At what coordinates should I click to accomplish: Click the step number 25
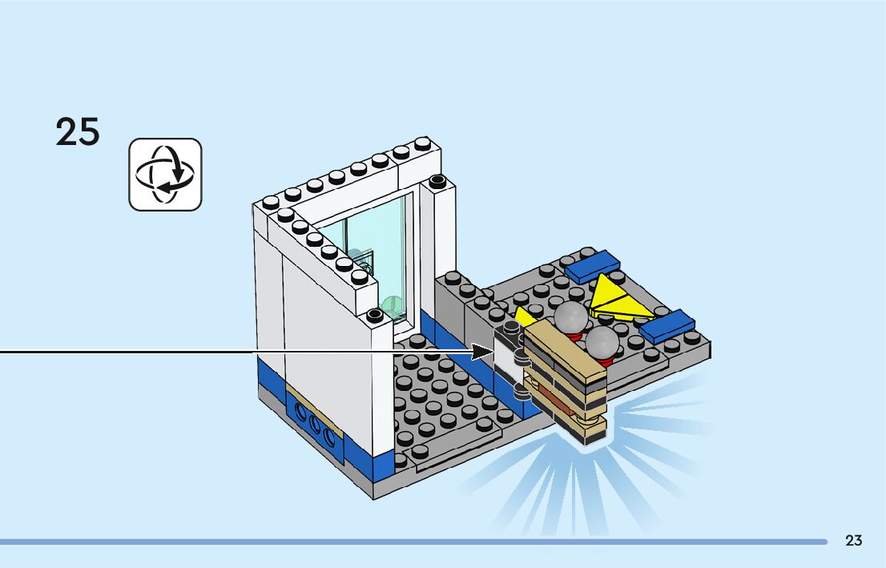pyautogui.click(x=78, y=131)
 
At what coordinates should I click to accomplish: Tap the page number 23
pyautogui.click(x=853, y=541)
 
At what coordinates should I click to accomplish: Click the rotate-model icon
pyautogui.click(x=166, y=175)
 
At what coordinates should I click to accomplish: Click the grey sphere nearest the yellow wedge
pyautogui.click(x=572, y=316)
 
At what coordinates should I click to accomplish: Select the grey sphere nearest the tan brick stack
pyautogui.click(x=602, y=343)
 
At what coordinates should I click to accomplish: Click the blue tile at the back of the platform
pyautogui.click(x=593, y=266)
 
